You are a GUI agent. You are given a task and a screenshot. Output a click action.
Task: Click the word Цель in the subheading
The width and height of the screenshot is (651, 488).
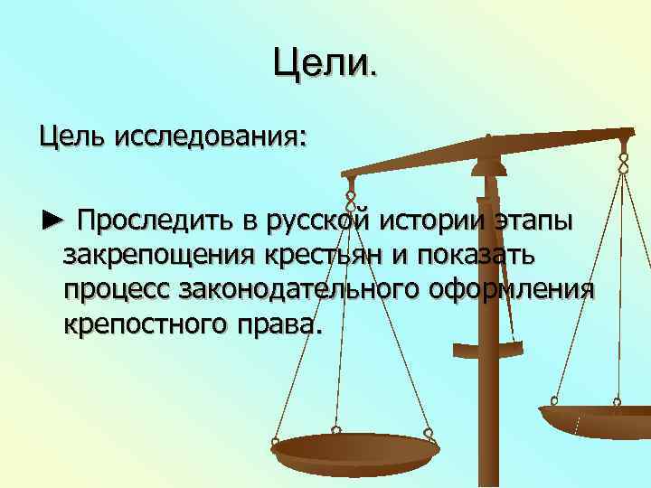[69, 138]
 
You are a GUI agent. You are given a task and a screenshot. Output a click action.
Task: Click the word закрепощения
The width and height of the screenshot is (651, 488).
[159, 256]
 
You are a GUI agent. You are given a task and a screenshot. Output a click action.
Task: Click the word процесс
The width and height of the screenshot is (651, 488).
[117, 290]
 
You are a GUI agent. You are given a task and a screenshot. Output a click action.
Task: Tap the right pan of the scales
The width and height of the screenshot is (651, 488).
[595, 418]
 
